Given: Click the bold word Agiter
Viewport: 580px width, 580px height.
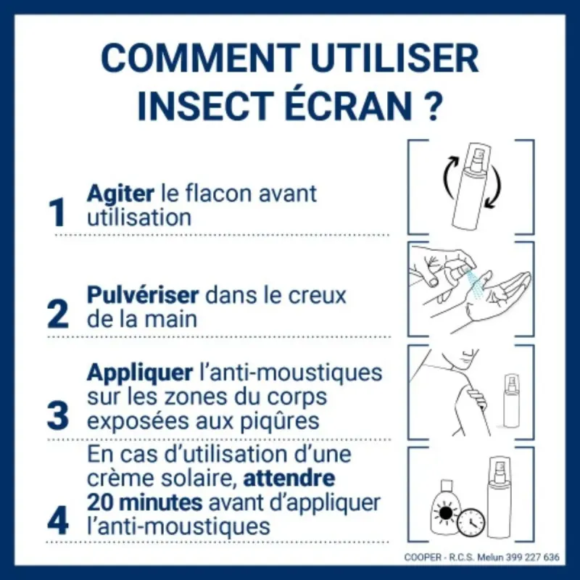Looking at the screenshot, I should pos(120,194).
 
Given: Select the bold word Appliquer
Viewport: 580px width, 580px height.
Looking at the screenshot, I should pos(140,374).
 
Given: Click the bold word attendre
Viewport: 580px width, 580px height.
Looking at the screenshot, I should pos(288,478).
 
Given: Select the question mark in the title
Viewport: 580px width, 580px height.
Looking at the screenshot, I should pos(431,106).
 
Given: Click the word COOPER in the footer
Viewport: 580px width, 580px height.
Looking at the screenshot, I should pos(422,557).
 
